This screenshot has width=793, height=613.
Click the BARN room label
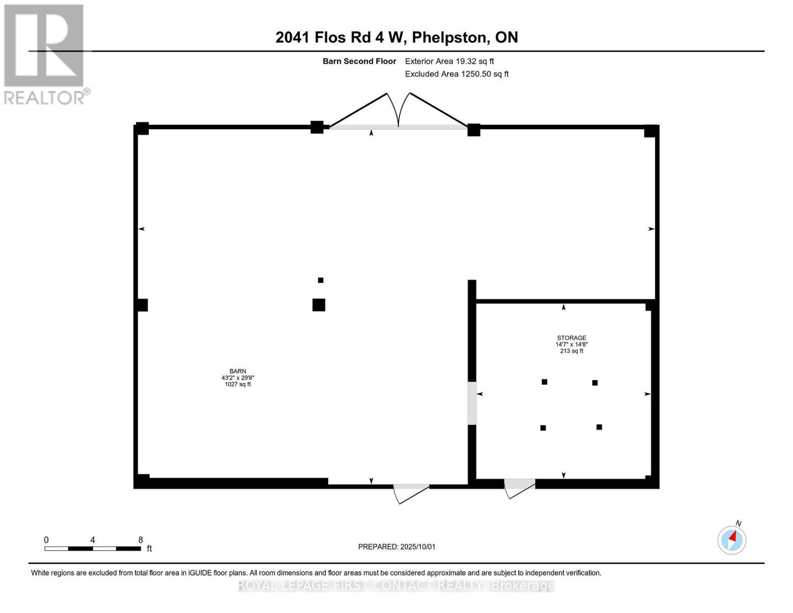click(x=237, y=371)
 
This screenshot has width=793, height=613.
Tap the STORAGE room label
click(x=571, y=338)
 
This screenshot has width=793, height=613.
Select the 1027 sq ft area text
click(x=237, y=384)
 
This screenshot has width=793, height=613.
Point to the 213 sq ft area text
click(x=571, y=351)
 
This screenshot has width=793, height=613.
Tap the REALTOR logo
click(x=45, y=54)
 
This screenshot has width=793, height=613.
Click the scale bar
click(x=92, y=549)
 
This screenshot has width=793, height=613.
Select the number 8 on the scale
click(x=140, y=540)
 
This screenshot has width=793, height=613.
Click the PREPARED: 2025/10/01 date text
click(x=397, y=547)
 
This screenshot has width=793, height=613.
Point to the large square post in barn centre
click(x=319, y=305)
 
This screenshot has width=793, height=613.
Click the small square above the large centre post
click(x=321, y=280)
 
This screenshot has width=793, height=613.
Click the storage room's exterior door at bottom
click(x=520, y=488)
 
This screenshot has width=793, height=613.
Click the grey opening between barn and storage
click(x=472, y=403)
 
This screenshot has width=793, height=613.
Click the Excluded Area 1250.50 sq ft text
click(x=456, y=74)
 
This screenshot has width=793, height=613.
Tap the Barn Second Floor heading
click(x=359, y=61)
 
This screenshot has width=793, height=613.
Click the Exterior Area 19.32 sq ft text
click(x=449, y=61)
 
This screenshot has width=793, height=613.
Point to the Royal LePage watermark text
click(x=396, y=585)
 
